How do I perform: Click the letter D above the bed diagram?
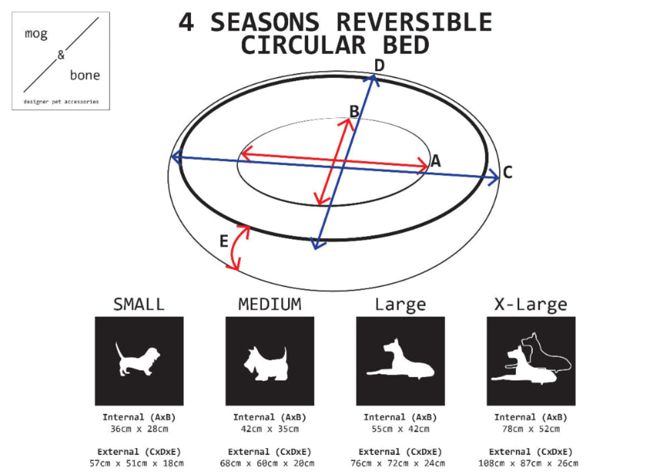pyautogui.click(x=379, y=66)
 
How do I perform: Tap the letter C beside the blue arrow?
pyautogui.click(x=507, y=173)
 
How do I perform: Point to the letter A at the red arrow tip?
pyautogui.click(x=435, y=161)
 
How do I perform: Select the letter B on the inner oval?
pyautogui.click(x=354, y=111)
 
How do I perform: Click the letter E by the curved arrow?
pyautogui.click(x=223, y=242)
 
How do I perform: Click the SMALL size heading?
pyautogui.click(x=139, y=305)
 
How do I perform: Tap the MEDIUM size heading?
pyautogui.click(x=270, y=305)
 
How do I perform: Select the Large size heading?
pyautogui.click(x=400, y=305)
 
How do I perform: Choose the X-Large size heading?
pyautogui.click(x=530, y=305)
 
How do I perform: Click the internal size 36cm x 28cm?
pyautogui.click(x=139, y=429)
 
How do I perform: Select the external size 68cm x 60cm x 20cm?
pyautogui.click(x=270, y=463)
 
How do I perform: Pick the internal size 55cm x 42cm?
pyautogui.click(x=400, y=429)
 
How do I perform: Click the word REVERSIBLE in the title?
pyautogui.click(x=414, y=23)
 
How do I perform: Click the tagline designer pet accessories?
pyautogui.click(x=61, y=102)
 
